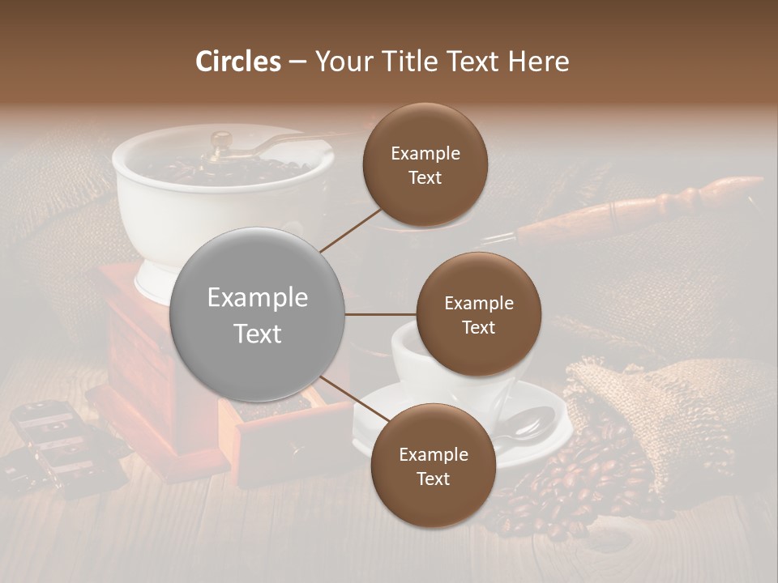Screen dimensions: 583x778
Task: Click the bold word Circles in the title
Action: (238, 62)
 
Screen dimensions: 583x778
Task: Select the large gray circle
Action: (258, 315)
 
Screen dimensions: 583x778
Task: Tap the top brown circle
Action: (425, 165)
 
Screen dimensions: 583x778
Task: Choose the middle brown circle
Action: (478, 314)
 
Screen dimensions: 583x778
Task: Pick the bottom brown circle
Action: (433, 466)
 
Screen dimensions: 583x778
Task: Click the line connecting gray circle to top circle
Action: (352, 228)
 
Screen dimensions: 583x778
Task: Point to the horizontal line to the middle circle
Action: (381, 314)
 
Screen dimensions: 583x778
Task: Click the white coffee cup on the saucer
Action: (405, 356)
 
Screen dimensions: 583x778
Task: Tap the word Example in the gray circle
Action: (258, 298)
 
